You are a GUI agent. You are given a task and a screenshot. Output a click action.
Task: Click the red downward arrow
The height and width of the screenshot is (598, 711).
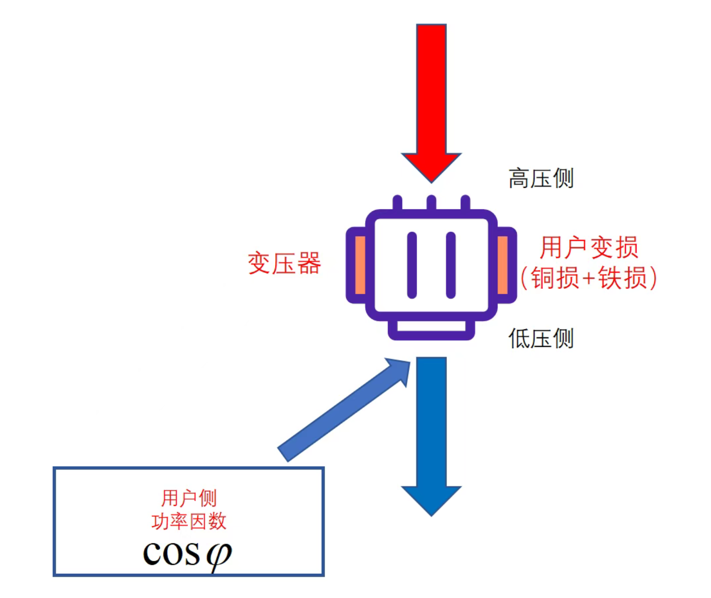coord(431,97)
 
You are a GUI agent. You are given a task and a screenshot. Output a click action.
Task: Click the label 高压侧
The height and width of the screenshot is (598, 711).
coord(541,178)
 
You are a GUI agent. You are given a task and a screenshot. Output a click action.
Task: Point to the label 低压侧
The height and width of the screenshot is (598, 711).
coord(541,338)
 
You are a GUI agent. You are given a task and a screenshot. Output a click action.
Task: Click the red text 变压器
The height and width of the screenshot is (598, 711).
coord(284,264)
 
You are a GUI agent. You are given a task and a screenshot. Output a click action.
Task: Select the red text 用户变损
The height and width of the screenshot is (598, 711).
coord(589,248)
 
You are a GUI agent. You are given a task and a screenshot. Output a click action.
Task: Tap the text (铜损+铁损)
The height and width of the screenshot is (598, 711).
coord(589,278)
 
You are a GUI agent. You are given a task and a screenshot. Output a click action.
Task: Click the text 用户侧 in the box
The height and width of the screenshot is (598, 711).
coord(189,498)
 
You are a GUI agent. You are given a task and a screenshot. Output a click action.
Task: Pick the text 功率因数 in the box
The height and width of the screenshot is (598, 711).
coord(189,521)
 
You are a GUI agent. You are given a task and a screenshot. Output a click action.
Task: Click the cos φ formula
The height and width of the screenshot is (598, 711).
coord(187,553)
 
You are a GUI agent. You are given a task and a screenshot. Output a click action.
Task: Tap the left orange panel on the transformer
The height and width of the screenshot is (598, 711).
coord(360,265)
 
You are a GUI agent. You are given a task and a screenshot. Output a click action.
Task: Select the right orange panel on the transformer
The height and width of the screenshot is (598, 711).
coord(503,265)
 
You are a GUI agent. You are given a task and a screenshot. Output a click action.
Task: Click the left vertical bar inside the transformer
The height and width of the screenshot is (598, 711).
coord(412,265)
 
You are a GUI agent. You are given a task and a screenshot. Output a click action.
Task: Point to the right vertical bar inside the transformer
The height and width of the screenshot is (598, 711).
coord(451,265)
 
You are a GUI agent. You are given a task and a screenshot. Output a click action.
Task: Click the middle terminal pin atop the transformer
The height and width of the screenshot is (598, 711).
coord(431,202)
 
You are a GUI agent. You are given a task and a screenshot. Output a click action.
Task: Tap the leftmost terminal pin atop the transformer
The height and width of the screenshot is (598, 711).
coord(397,202)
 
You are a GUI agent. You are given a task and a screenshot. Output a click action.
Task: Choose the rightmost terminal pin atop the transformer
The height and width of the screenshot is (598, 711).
coord(465,202)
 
